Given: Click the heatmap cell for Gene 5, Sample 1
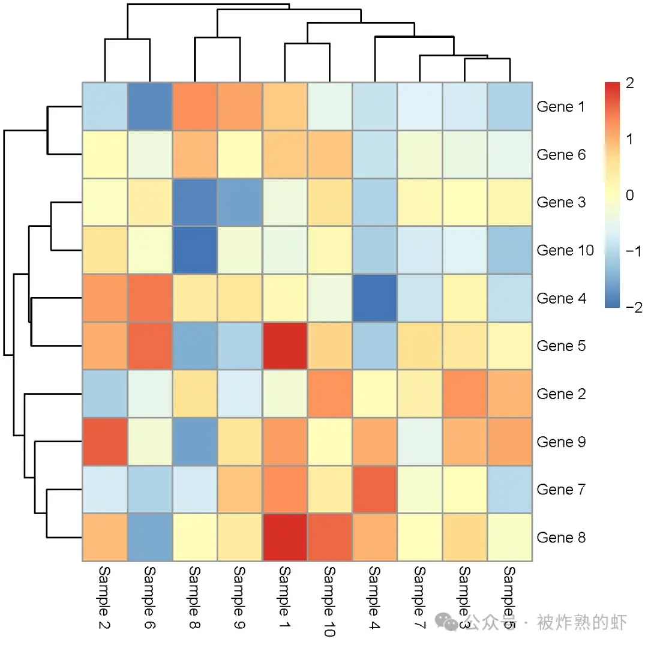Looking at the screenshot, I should pos(284,346).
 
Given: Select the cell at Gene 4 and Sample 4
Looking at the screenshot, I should pos(375,298).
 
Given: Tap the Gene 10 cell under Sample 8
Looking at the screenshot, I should pos(195,250).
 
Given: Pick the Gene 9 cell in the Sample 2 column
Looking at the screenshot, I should pos(105,442).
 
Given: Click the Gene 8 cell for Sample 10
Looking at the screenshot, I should pos(330,538).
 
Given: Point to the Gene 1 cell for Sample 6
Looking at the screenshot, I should pos(150,107).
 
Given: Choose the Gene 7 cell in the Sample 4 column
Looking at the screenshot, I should pos(375,490).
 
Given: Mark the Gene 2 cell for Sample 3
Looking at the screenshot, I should pos(465,394).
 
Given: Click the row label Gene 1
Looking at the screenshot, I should pos(560,107).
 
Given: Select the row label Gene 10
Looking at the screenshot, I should pos(565,250).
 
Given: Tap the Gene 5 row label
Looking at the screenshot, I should pos(560,346).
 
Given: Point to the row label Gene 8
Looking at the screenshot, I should pos(560,538).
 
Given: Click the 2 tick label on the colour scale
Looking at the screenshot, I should pos(629,84).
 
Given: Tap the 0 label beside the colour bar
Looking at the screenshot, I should pos(629,196).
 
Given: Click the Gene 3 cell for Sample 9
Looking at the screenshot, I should pos(240,203).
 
